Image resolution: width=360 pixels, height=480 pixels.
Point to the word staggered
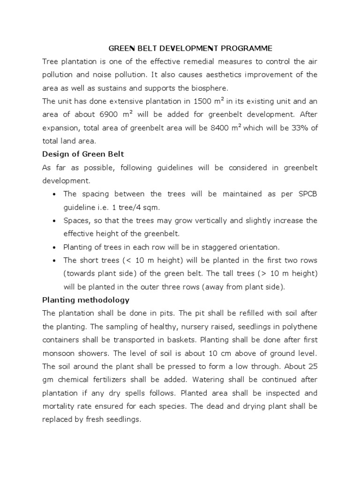(224, 247)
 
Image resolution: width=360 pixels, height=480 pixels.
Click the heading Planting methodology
(85, 300)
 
